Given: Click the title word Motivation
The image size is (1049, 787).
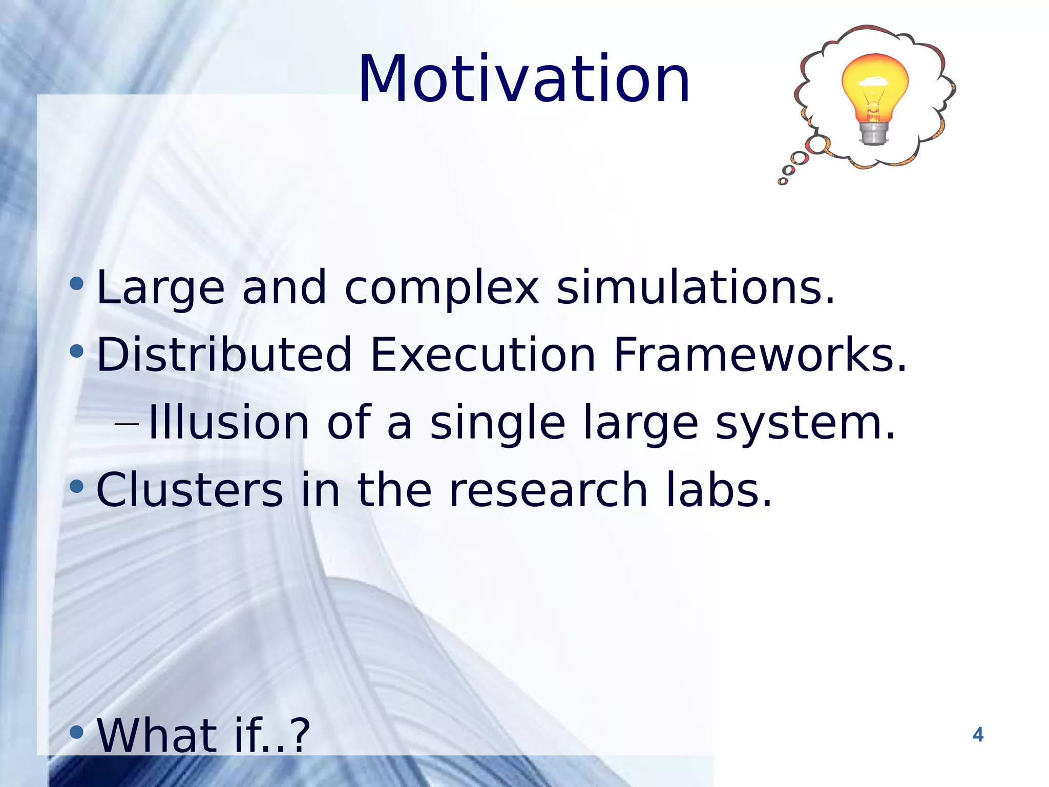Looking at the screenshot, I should (x=524, y=79).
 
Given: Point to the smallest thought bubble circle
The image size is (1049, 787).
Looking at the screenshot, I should (x=783, y=181).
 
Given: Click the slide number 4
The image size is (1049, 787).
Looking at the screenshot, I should (x=978, y=735).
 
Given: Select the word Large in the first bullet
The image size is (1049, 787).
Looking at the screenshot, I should (x=160, y=288).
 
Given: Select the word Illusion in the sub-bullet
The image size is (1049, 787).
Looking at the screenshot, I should (x=228, y=423).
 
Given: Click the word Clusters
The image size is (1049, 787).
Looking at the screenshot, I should (x=190, y=490).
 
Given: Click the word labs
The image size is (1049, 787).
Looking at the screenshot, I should (x=719, y=490).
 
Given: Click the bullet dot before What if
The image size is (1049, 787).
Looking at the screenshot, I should (x=76, y=732).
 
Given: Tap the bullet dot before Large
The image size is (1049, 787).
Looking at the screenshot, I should (x=76, y=283).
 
